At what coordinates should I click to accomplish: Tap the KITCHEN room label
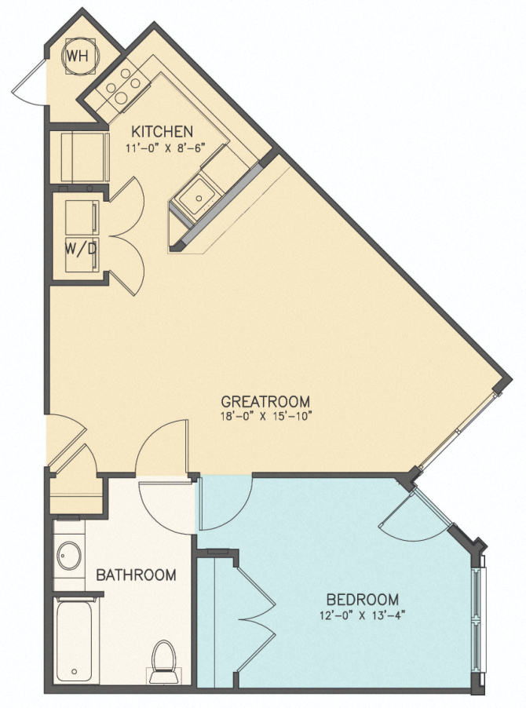pos(162,130)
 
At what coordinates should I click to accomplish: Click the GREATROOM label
pos(265,400)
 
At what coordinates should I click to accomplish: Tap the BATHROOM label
pos(136,575)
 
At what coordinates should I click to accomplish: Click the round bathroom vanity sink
pos(68,556)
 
